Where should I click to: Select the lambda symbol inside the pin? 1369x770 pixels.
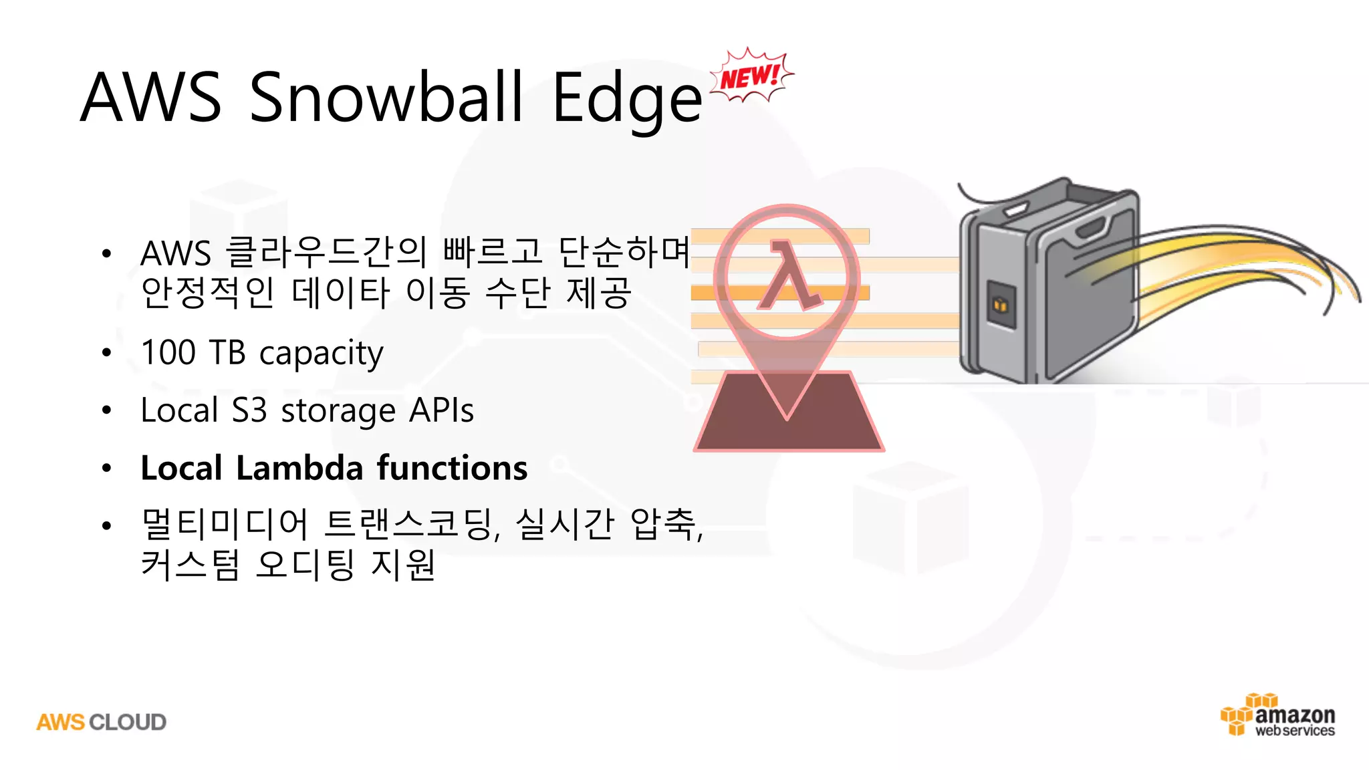[x=789, y=276]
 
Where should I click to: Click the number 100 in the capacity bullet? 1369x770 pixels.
[x=168, y=352]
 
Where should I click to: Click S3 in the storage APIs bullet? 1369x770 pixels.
[x=249, y=410]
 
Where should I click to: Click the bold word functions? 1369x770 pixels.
[x=452, y=468]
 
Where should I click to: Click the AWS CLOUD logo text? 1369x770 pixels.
[x=102, y=723]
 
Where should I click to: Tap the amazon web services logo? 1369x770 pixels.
[x=1278, y=716]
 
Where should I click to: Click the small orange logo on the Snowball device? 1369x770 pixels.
[x=1001, y=305]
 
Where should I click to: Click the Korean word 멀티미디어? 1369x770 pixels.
[x=225, y=524]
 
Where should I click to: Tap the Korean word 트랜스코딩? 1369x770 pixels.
[x=409, y=524]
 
